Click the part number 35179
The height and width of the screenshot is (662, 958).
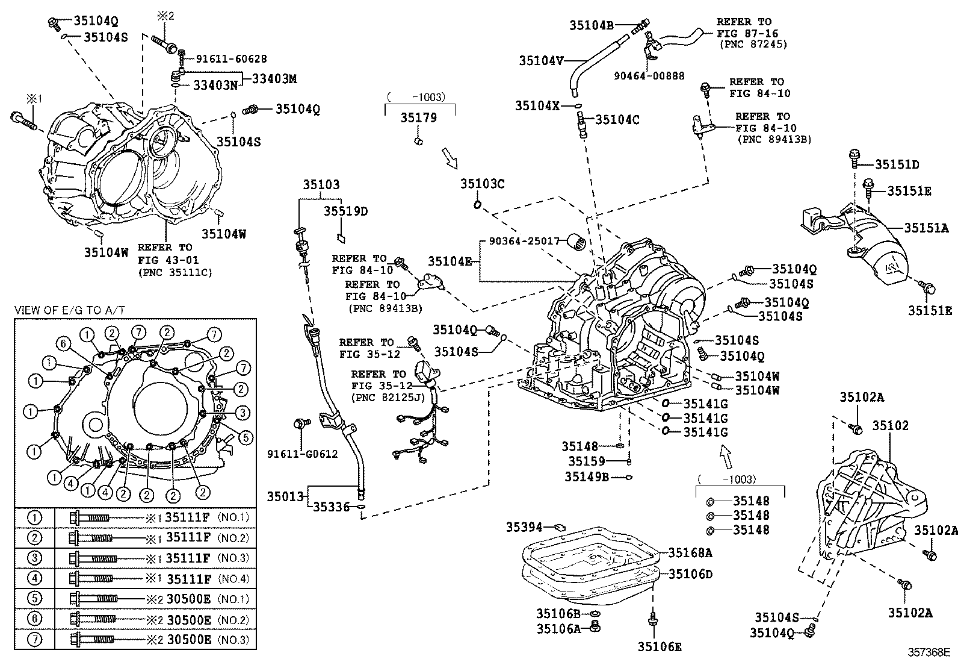point(419,118)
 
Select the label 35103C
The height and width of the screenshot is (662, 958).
point(483,184)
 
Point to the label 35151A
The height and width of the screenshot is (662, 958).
point(926,228)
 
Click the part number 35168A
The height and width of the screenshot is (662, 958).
point(690,552)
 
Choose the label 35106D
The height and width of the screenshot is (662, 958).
point(690,574)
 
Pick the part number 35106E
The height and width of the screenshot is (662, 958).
point(660,647)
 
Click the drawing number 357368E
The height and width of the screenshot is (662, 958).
point(929,652)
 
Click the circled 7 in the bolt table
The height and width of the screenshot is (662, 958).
point(36,640)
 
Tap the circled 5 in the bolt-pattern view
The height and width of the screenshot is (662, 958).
point(245,437)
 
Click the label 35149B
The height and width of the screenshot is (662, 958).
point(587,477)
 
